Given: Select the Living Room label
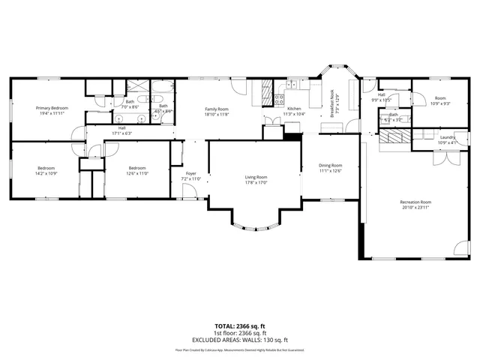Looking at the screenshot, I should coord(256,177).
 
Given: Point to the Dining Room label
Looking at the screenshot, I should coord(330,166).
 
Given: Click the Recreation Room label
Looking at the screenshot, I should coord(415,202).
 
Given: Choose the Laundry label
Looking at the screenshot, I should coord(448,137).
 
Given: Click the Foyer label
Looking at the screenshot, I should coord(191,173).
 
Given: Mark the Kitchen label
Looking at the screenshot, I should coord(293,109).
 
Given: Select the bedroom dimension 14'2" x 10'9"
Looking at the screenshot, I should coord(47,173).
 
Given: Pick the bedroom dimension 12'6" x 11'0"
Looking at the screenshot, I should coord(137,173).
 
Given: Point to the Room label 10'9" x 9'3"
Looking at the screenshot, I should coord(440,103).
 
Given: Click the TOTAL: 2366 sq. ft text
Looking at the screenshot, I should coord(240,325).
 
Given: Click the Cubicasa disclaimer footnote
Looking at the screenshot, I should coord(240,349).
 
